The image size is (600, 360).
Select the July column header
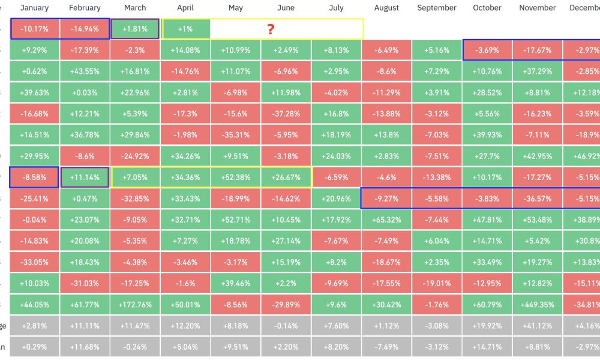point(337,8)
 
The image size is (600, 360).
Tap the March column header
point(135,8)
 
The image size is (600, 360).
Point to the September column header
point(437,8)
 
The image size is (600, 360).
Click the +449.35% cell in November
point(538,304)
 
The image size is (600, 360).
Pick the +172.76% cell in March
point(135,304)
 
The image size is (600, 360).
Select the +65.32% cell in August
point(386,220)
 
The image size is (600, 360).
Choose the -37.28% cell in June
point(286,114)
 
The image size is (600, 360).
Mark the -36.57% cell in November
point(538,199)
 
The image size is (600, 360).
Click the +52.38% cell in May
point(236,178)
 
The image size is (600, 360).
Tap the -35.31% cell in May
point(236,135)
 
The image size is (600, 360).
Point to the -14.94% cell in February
point(85,29)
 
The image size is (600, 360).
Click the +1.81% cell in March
point(135,29)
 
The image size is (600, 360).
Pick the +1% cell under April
point(185,29)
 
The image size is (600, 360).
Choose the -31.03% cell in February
point(85,283)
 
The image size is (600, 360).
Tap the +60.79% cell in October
point(487,304)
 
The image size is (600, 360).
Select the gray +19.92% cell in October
point(487,326)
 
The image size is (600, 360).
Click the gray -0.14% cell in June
point(286,326)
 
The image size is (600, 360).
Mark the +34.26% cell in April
point(185,157)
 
